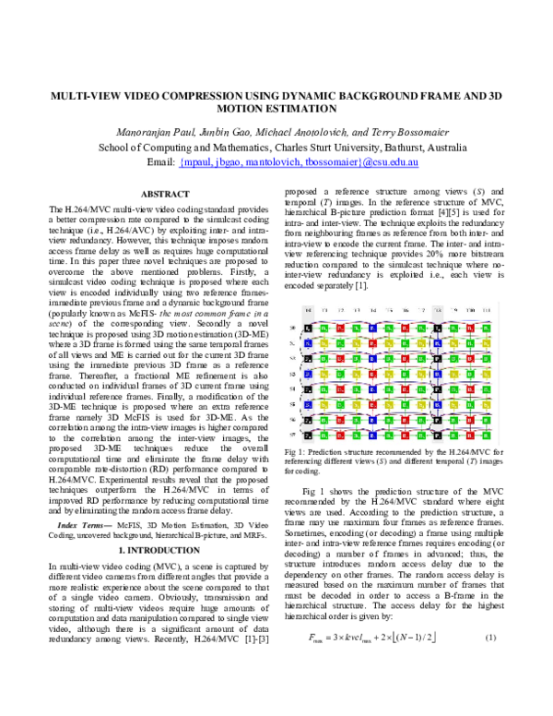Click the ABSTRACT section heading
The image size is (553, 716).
click(x=163, y=194)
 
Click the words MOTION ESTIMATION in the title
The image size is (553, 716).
click(x=276, y=108)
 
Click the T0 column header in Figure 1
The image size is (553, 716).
click(x=311, y=283)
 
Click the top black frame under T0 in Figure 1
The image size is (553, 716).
click(x=311, y=302)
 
